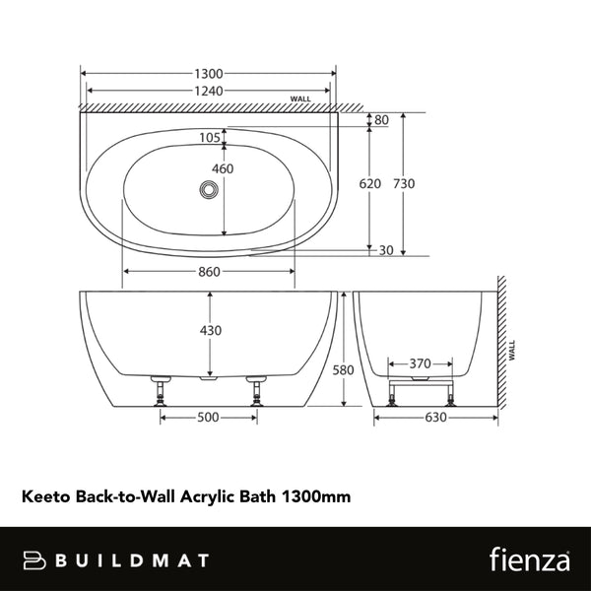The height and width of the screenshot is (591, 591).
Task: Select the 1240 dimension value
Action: click(209, 92)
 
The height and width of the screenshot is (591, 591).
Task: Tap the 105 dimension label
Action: click(209, 138)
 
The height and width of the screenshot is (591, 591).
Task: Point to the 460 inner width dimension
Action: click(223, 169)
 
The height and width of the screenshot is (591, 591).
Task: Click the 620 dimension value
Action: click(369, 184)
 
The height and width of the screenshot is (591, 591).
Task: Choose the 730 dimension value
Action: click(404, 184)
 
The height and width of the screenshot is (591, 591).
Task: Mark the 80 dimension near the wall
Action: click(381, 121)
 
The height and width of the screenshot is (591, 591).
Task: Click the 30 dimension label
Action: click(385, 250)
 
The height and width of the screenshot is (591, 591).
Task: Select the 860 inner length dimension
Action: click(208, 273)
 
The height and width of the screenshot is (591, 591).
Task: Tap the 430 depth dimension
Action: click(211, 330)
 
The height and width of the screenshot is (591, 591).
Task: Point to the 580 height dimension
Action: click(342, 370)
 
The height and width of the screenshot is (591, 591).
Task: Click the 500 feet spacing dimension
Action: click(208, 418)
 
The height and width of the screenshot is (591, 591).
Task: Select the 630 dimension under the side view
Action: click(435, 418)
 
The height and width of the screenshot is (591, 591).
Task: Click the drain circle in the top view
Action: click(209, 189)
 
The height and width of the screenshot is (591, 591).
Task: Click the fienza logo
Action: click(529, 559)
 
